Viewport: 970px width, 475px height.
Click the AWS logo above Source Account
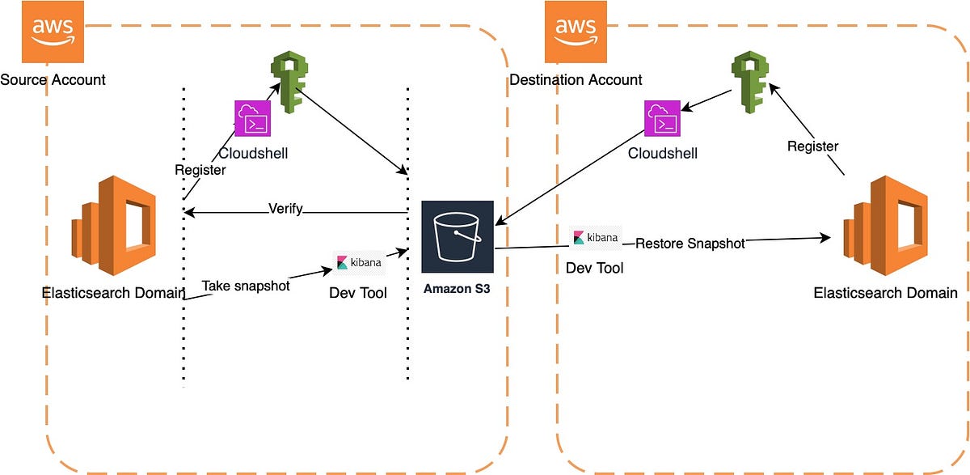pyautogui.click(x=53, y=31)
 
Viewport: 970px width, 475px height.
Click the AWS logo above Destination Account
pyautogui.click(x=576, y=31)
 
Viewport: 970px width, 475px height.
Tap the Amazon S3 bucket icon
pyautogui.click(x=457, y=236)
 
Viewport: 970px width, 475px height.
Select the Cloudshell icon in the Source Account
pyautogui.click(x=251, y=118)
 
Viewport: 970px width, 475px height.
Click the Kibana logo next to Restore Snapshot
pyautogui.click(x=596, y=238)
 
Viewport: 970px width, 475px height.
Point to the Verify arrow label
pyautogui.click(x=285, y=209)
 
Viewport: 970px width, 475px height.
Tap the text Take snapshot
pyautogui.click(x=246, y=286)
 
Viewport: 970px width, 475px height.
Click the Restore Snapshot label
pyautogui.click(x=690, y=243)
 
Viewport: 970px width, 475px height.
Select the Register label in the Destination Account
pyautogui.click(x=813, y=146)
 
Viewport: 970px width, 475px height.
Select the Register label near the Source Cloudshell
pyautogui.click(x=200, y=171)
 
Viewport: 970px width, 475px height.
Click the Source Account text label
pyautogui.click(x=53, y=79)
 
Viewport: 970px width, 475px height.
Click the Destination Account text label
pyautogui.click(x=576, y=79)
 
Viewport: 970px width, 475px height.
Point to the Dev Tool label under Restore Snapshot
pyautogui.click(x=595, y=267)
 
